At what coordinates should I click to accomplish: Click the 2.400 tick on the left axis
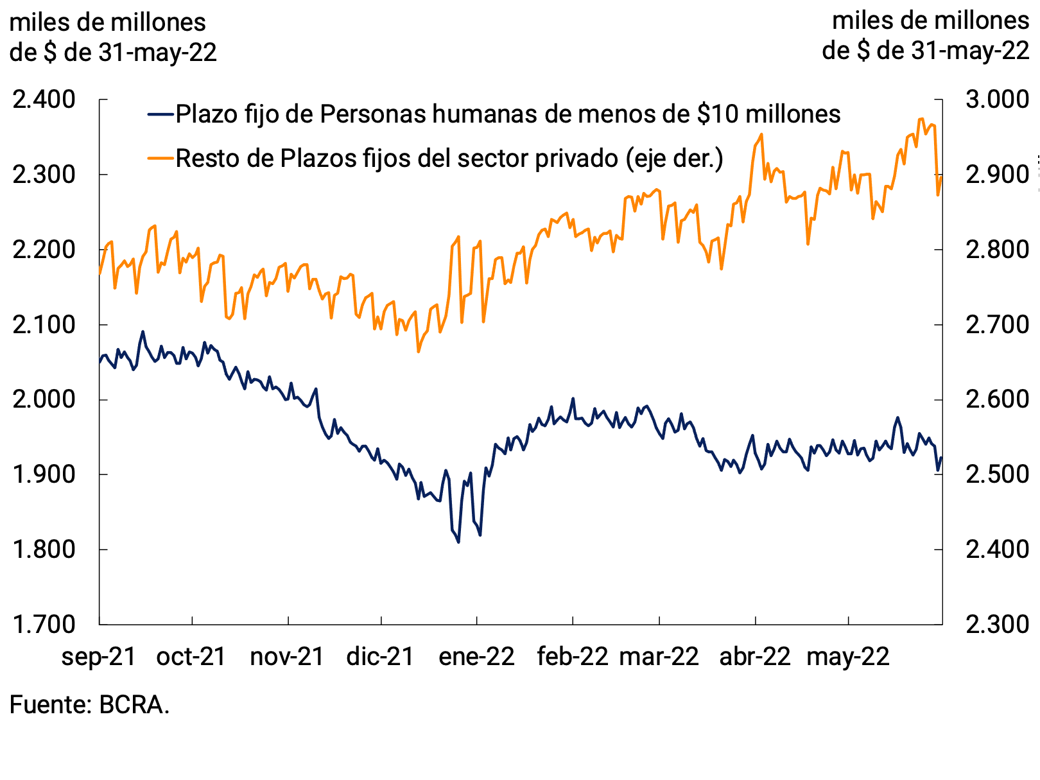44,100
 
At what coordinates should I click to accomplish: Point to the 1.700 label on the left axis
44,624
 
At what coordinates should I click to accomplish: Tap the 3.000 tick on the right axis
997,100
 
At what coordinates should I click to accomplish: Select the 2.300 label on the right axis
997,624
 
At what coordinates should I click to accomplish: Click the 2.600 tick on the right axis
997,399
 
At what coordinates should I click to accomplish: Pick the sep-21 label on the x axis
99,657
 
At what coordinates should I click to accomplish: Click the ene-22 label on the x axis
476,657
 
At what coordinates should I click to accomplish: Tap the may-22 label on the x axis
848,657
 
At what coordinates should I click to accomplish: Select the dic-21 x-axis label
380,657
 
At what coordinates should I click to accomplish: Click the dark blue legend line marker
160,114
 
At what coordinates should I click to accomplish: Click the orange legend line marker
160,158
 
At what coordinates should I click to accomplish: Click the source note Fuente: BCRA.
90,705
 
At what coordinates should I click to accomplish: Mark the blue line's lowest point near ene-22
458,542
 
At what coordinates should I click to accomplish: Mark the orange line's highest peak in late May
921,119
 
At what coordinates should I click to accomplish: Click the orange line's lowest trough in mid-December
419,351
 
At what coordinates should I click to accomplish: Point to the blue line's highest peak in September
143,332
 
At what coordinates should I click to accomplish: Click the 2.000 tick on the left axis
44,399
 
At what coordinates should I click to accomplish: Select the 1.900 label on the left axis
44,474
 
